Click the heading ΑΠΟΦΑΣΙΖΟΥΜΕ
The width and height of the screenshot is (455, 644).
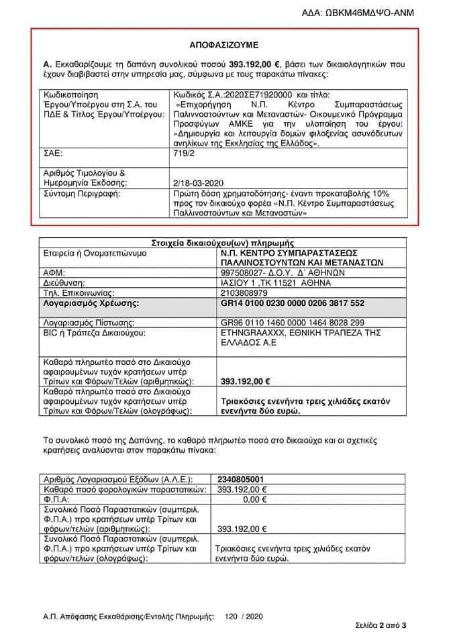[227, 46]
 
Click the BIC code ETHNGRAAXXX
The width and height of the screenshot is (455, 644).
[248, 332]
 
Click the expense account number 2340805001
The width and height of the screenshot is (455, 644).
[244, 480]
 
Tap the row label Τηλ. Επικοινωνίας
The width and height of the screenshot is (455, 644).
[79, 293]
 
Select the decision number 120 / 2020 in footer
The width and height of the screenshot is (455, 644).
[242, 614]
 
